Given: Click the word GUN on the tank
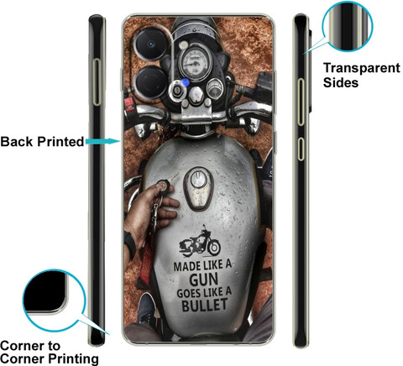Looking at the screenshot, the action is click(x=204, y=280).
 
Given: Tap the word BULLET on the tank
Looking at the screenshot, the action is click(x=205, y=305).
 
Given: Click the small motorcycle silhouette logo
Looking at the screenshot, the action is click(x=200, y=243).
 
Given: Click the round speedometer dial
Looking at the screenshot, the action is click(x=195, y=62).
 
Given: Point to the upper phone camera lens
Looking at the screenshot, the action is click(x=151, y=44).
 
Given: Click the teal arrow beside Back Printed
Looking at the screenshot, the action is click(x=102, y=142).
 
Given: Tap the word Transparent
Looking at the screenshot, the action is click(x=362, y=69).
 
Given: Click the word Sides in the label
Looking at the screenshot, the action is click(x=341, y=83).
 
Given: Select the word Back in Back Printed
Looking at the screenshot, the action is click(x=17, y=142).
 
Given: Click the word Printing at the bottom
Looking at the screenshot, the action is click(x=73, y=359).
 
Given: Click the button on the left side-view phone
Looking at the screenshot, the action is click(x=97, y=82).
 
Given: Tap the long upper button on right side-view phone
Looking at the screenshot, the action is click(x=301, y=102).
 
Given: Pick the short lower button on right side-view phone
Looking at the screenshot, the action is click(x=301, y=149).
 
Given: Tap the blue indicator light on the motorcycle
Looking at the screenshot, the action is click(x=185, y=82).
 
